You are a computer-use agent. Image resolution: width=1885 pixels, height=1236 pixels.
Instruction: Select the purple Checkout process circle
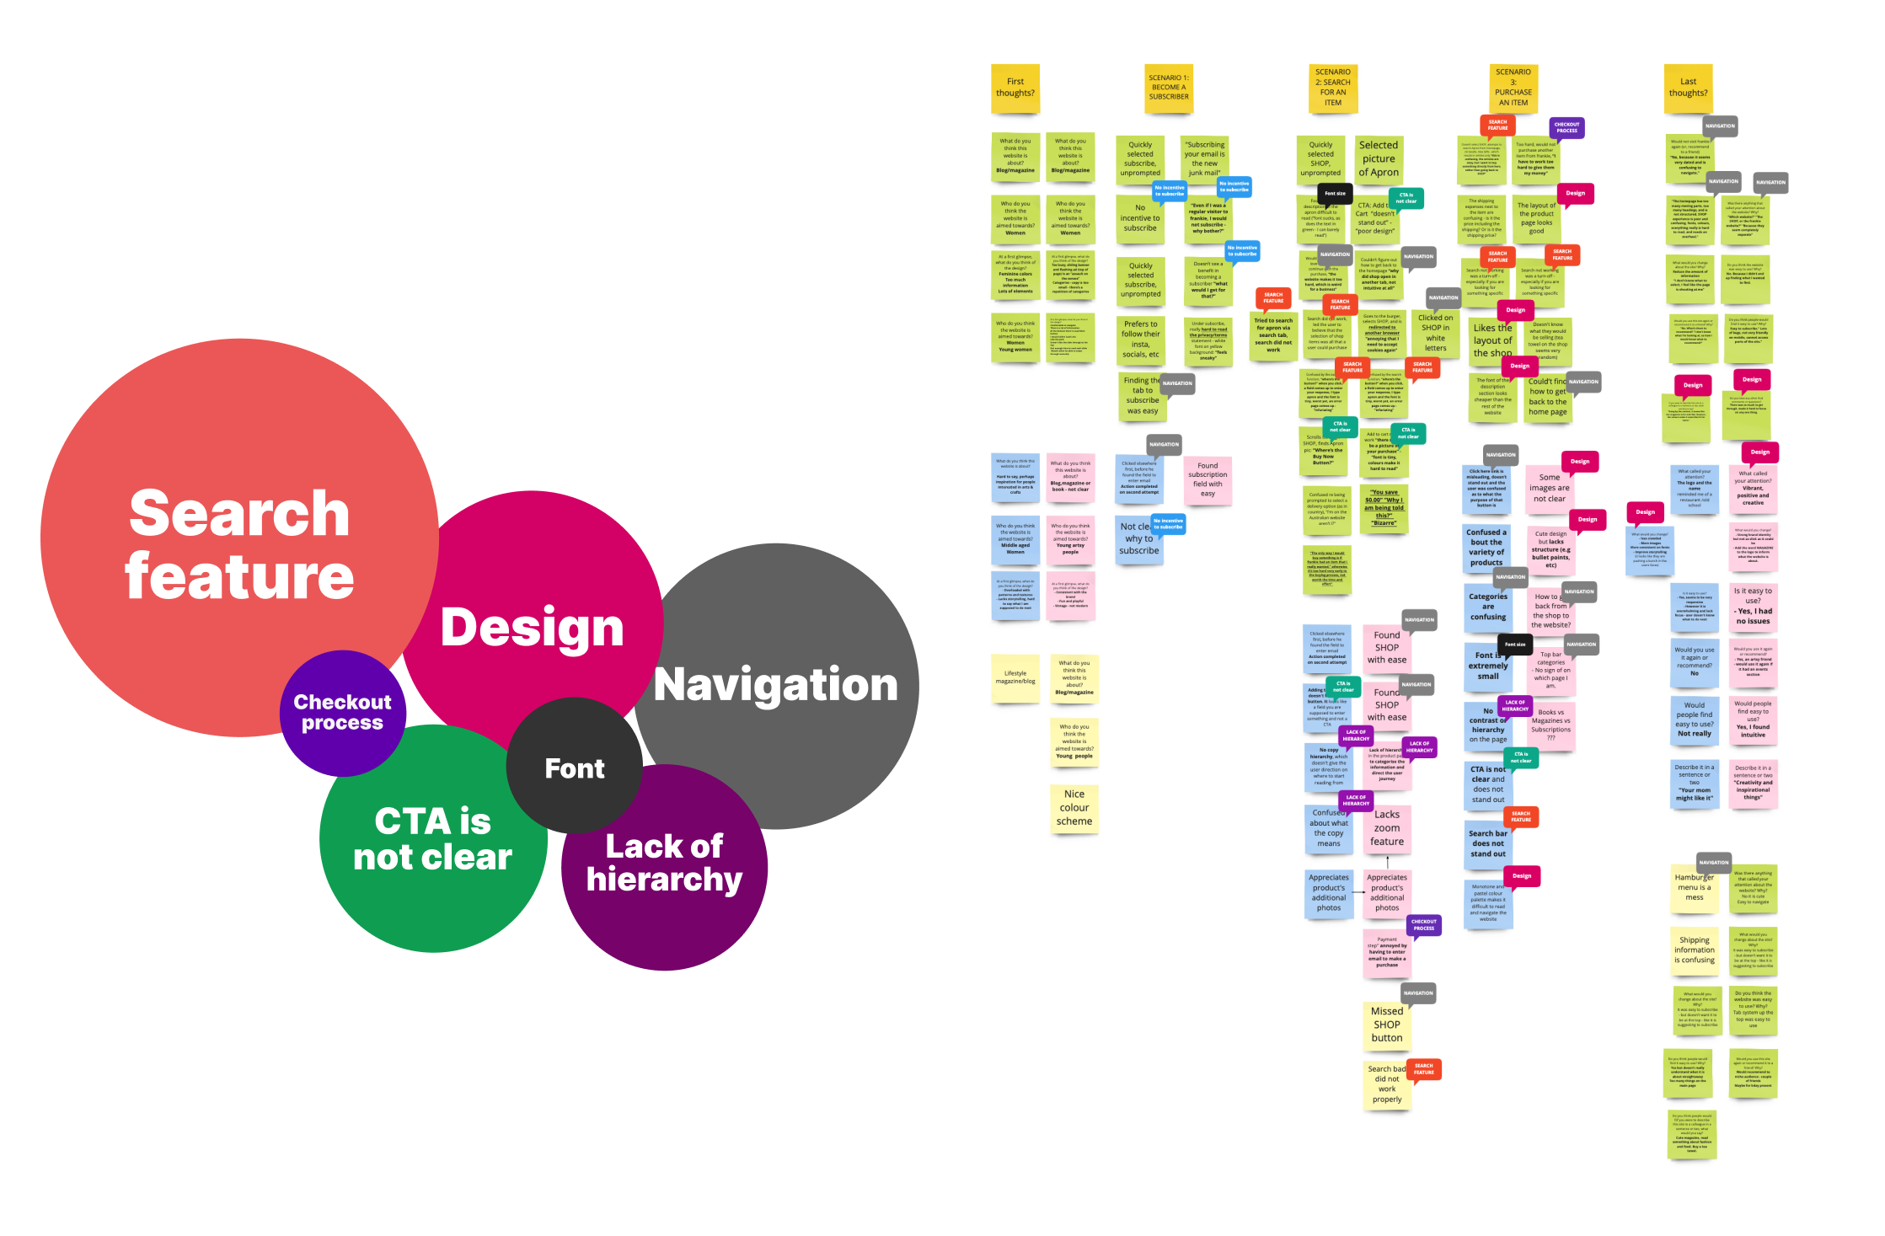(342, 713)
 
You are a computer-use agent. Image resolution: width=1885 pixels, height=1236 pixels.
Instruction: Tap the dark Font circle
(575, 768)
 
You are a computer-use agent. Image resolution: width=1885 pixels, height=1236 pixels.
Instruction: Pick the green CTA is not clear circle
(432, 839)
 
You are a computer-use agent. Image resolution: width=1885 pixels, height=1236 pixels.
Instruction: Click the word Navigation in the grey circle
(775, 684)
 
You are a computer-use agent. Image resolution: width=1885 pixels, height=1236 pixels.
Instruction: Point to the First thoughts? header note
(1015, 88)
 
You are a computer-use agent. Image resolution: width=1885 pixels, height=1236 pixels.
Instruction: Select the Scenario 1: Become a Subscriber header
(1169, 88)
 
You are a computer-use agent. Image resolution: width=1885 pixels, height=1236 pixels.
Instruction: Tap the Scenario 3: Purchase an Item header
(1513, 88)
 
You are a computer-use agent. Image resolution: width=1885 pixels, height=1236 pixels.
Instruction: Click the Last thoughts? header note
(1688, 88)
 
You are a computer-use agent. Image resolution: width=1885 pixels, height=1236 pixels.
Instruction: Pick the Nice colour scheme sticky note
(1074, 808)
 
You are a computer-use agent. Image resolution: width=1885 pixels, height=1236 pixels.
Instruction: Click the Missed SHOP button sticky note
(1386, 1025)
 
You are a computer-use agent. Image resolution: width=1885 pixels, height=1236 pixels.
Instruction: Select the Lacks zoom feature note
(1387, 828)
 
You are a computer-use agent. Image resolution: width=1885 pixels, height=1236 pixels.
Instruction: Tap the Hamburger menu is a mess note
(1694, 888)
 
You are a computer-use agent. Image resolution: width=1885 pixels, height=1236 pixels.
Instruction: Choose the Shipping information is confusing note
(1695, 950)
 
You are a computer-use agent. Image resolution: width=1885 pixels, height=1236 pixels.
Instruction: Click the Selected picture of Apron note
(1379, 159)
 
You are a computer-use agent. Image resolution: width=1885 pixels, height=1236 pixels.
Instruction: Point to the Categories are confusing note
(1488, 607)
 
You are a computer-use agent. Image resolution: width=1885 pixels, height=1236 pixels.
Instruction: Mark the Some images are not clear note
(1549, 489)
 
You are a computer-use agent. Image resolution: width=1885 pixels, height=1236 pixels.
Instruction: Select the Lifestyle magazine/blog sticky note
(1015, 677)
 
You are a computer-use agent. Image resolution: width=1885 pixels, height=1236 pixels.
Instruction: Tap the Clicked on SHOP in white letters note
(1435, 333)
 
